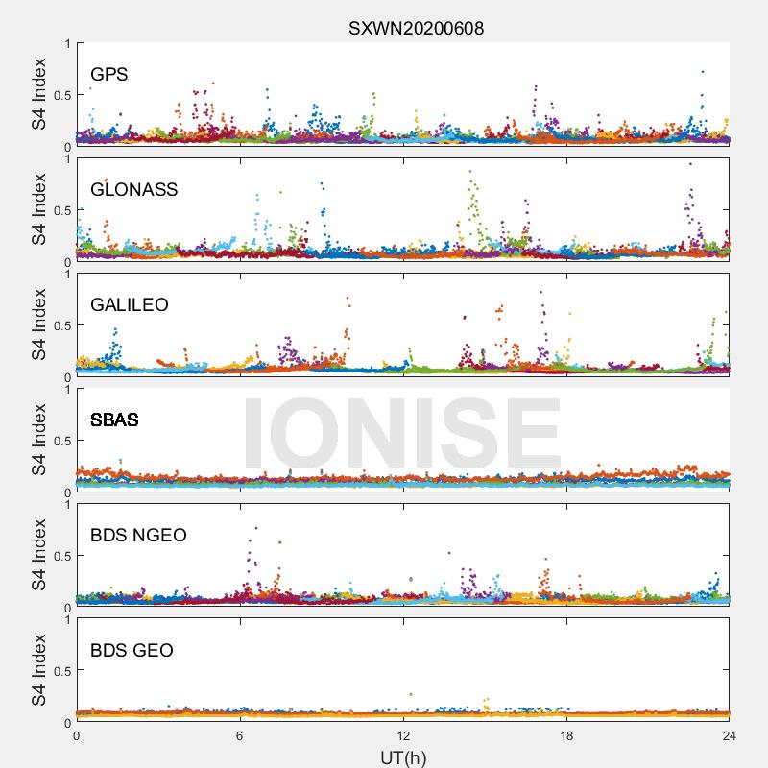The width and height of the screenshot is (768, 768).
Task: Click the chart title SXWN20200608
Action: (x=416, y=29)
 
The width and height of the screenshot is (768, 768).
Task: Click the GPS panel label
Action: (x=109, y=75)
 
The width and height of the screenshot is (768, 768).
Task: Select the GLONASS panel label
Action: (x=133, y=189)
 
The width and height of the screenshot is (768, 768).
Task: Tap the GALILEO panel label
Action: (x=130, y=304)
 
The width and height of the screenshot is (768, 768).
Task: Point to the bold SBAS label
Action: (x=114, y=420)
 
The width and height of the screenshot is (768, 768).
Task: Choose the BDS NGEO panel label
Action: (x=138, y=535)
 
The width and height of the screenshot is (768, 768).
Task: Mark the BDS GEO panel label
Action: (x=132, y=650)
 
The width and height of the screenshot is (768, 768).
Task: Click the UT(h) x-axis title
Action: (x=403, y=757)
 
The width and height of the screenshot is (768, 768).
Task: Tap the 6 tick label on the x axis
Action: (x=240, y=735)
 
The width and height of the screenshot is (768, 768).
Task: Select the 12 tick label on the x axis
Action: (x=403, y=735)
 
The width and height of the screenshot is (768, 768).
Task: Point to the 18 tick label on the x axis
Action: (x=566, y=735)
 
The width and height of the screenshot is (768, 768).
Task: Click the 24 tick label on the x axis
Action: (x=730, y=735)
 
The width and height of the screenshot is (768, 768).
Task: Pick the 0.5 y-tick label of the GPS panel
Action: (x=62, y=95)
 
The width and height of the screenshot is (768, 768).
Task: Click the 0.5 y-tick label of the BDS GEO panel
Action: (x=62, y=671)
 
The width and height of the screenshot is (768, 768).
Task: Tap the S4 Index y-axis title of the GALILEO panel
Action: (x=38, y=324)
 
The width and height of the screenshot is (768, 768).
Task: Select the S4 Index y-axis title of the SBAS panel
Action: (x=38, y=440)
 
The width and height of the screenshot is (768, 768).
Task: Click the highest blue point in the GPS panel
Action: (x=703, y=72)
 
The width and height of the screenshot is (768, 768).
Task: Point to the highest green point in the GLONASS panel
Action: (x=470, y=172)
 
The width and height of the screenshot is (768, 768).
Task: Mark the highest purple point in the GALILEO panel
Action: (x=540, y=293)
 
